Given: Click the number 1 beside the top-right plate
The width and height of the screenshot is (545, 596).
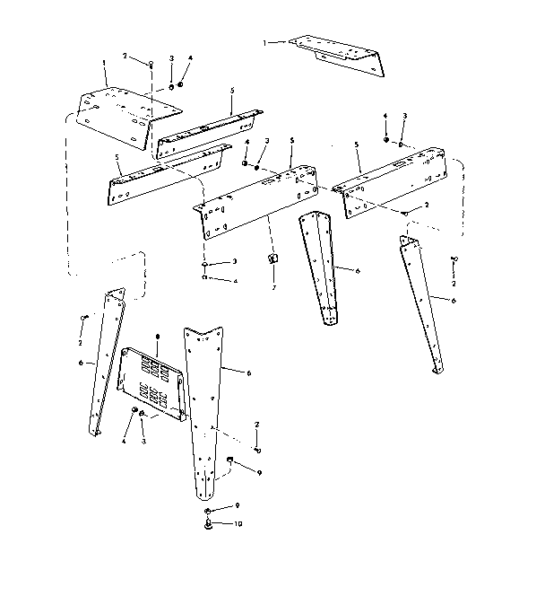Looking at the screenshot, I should (x=265, y=42).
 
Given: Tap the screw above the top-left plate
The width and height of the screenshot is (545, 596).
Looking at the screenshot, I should (x=151, y=64).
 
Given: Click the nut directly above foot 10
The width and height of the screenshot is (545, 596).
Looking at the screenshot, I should (x=208, y=510).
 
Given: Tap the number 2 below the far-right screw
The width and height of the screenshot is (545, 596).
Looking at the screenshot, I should (x=454, y=284).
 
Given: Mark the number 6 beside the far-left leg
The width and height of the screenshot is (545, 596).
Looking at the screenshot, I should (x=80, y=363).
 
